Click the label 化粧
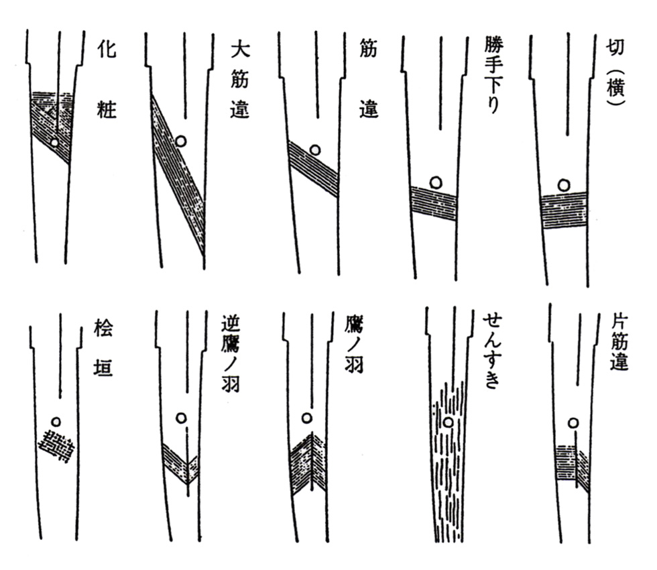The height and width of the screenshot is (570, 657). click(x=107, y=78)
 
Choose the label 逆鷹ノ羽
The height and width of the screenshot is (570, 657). click(x=229, y=353)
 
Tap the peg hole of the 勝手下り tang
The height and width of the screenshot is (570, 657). click(x=436, y=181)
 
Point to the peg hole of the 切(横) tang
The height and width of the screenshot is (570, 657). click(x=564, y=184)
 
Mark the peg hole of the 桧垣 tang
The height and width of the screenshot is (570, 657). click(x=56, y=422)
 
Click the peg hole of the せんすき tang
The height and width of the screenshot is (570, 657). click(x=447, y=422)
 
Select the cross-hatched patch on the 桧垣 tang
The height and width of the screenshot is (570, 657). click(x=57, y=446)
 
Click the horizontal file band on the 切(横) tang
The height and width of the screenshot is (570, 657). click(x=564, y=210)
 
